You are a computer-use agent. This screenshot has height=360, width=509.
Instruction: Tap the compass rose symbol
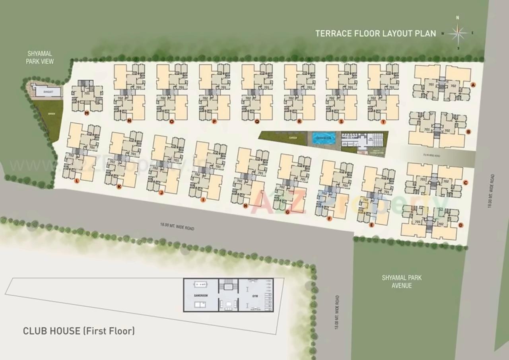(457, 33)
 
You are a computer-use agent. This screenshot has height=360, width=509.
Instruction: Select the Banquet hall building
(48, 92)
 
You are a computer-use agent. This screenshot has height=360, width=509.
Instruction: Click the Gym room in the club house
(255, 295)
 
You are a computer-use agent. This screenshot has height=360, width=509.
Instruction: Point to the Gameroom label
(200, 296)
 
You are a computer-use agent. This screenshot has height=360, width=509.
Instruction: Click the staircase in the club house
(228, 285)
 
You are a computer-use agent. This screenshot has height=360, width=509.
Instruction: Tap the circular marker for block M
(86, 113)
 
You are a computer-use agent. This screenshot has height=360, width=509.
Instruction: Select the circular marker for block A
(473, 85)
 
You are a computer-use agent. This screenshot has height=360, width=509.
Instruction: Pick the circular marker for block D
(460, 225)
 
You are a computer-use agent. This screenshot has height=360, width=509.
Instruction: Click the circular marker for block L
(77, 181)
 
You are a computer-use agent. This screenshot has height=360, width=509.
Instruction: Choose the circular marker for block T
(383, 122)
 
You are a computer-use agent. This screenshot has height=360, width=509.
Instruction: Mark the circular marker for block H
(245, 206)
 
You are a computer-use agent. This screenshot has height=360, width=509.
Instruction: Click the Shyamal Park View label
(40, 57)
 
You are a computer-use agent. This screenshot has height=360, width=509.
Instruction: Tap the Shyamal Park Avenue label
(402, 282)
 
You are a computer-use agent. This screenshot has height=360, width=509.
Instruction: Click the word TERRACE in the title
(333, 33)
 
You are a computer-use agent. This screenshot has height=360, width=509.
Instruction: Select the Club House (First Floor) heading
(79, 331)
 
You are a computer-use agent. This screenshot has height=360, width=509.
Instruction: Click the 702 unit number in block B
(447, 130)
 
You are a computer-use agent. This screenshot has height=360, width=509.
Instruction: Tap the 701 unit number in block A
(431, 85)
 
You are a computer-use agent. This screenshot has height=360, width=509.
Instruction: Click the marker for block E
(371, 225)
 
